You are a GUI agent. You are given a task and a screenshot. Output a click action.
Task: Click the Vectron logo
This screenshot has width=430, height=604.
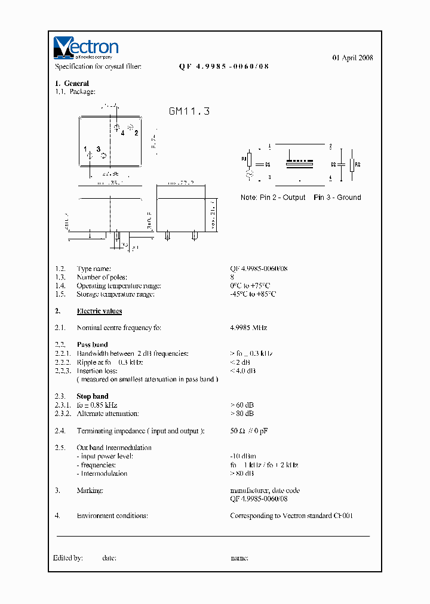click(86, 48)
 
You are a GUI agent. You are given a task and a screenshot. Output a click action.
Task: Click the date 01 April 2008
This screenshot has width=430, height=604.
click(352, 58)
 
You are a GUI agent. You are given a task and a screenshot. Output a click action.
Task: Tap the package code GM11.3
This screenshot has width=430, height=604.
click(189, 111)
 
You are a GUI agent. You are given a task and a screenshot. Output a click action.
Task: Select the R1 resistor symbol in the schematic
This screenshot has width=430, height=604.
click(250, 159)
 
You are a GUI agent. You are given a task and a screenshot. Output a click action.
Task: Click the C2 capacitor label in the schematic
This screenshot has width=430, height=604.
click(333, 164)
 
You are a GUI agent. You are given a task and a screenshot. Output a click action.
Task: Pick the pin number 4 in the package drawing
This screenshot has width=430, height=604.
click(122, 133)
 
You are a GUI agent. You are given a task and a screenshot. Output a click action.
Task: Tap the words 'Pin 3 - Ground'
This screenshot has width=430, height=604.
click(337, 198)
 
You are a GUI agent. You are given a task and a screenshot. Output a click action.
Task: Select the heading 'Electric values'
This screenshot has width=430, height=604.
click(99, 311)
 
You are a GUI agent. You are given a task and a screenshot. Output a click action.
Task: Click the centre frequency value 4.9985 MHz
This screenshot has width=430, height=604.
click(248, 328)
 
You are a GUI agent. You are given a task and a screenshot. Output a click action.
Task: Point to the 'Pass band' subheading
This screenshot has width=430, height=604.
click(93, 344)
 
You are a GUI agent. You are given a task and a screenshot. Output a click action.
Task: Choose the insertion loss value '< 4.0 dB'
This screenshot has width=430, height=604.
click(242, 371)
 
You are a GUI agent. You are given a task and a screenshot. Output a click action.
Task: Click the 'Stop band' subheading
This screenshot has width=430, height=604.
click(93, 396)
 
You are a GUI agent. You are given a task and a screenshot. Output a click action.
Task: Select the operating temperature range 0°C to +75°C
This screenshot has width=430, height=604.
click(250, 285)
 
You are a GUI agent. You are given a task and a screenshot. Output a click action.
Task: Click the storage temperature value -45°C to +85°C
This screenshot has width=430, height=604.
click(253, 294)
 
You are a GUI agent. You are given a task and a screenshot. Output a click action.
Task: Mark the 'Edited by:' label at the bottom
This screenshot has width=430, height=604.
click(67, 558)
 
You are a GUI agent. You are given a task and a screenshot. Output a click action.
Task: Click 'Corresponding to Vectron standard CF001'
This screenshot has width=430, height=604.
click(291, 516)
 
